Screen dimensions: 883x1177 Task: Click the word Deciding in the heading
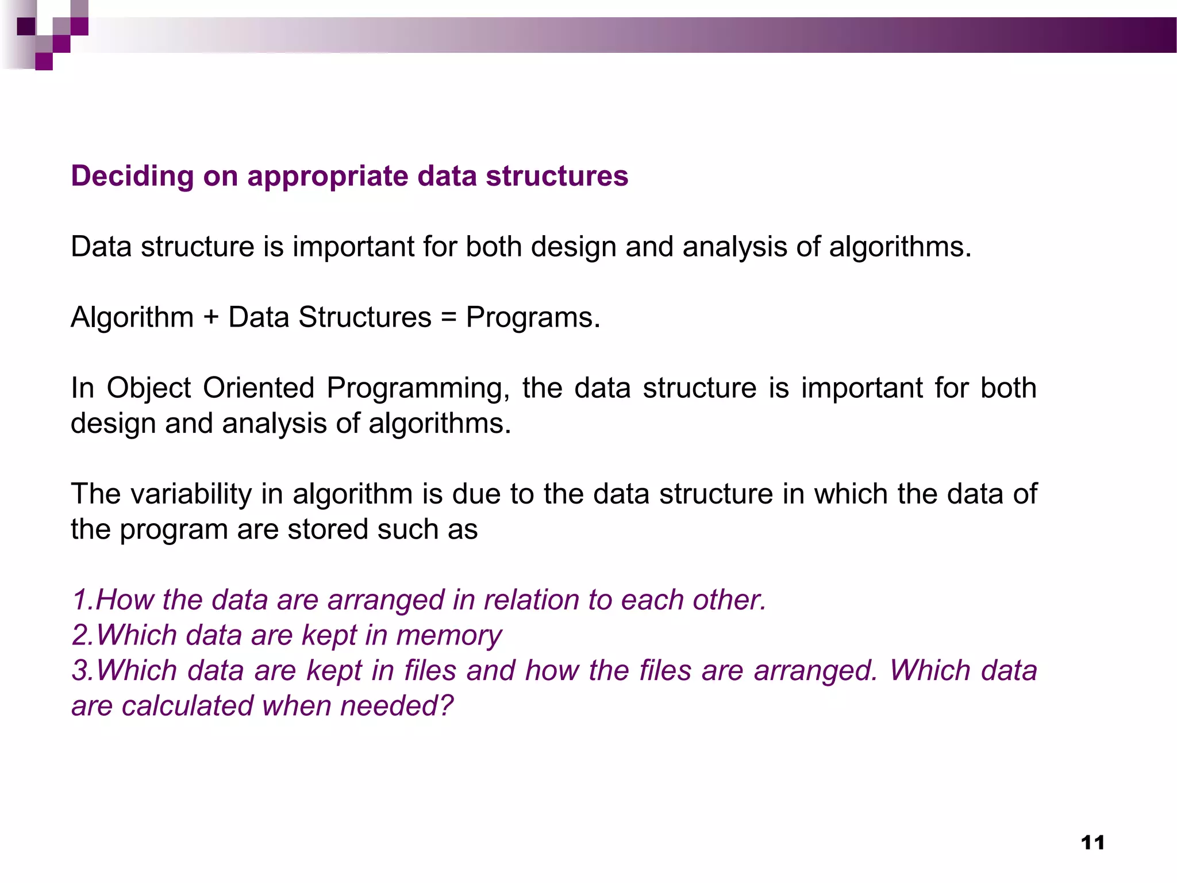132,176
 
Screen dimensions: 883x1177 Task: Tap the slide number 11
1093,843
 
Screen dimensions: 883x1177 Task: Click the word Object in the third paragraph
148,389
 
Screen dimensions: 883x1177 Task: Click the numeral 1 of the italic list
79,600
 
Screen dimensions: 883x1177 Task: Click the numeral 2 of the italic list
80,636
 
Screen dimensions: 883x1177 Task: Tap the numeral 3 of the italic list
80,671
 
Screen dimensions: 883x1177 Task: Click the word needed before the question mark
390,706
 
